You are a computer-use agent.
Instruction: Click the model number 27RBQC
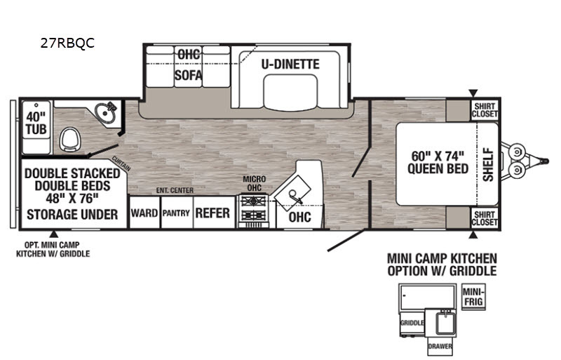67,43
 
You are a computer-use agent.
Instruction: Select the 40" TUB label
36,123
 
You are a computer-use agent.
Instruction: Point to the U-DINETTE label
290,64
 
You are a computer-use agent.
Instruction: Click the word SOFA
188,76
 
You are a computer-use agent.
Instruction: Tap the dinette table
290,92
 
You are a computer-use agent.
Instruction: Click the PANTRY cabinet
177,213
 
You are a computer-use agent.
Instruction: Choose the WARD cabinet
144,213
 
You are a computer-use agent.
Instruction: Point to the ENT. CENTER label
175,190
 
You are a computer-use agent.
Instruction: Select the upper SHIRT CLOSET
485,110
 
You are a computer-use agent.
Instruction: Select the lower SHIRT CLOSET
485,218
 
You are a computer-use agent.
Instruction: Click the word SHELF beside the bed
488,164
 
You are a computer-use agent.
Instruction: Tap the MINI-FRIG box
473,297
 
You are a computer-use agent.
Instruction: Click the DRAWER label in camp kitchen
440,346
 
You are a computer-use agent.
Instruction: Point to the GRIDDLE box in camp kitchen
412,323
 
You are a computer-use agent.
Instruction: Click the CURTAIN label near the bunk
121,164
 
